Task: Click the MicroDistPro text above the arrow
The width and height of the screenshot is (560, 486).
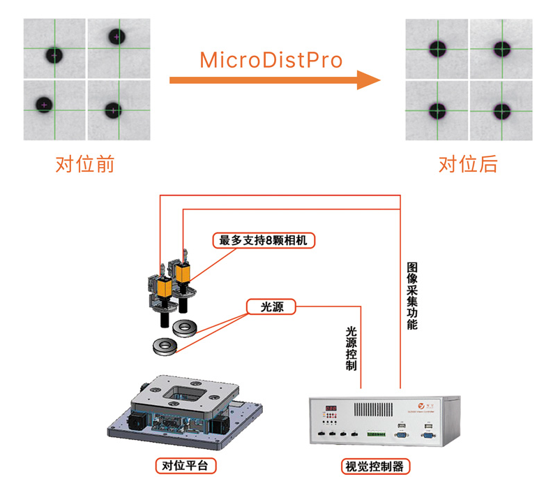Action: [x=271, y=60]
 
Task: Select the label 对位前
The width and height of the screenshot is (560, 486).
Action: [x=84, y=165]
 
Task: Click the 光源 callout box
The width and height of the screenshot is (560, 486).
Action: [x=270, y=307]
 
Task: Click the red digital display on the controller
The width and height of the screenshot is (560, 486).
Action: [x=330, y=408]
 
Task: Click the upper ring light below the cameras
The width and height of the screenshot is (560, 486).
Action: [x=186, y=325]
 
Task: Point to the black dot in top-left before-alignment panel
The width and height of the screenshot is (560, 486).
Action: [x=54, y=54]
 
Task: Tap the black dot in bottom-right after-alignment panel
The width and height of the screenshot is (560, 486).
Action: [x=501, y=111]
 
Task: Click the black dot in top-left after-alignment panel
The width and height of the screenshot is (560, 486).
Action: [x=438, y=49]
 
